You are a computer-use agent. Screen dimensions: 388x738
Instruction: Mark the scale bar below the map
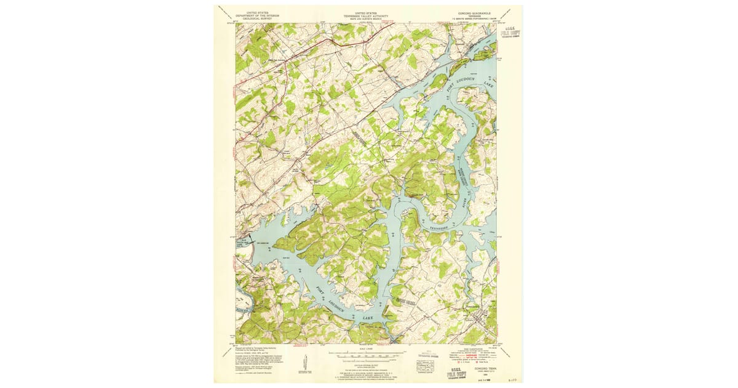pos(367,355)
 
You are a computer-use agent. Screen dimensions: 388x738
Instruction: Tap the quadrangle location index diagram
pos(424,366)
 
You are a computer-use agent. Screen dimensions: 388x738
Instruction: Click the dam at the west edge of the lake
pos(240,248)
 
